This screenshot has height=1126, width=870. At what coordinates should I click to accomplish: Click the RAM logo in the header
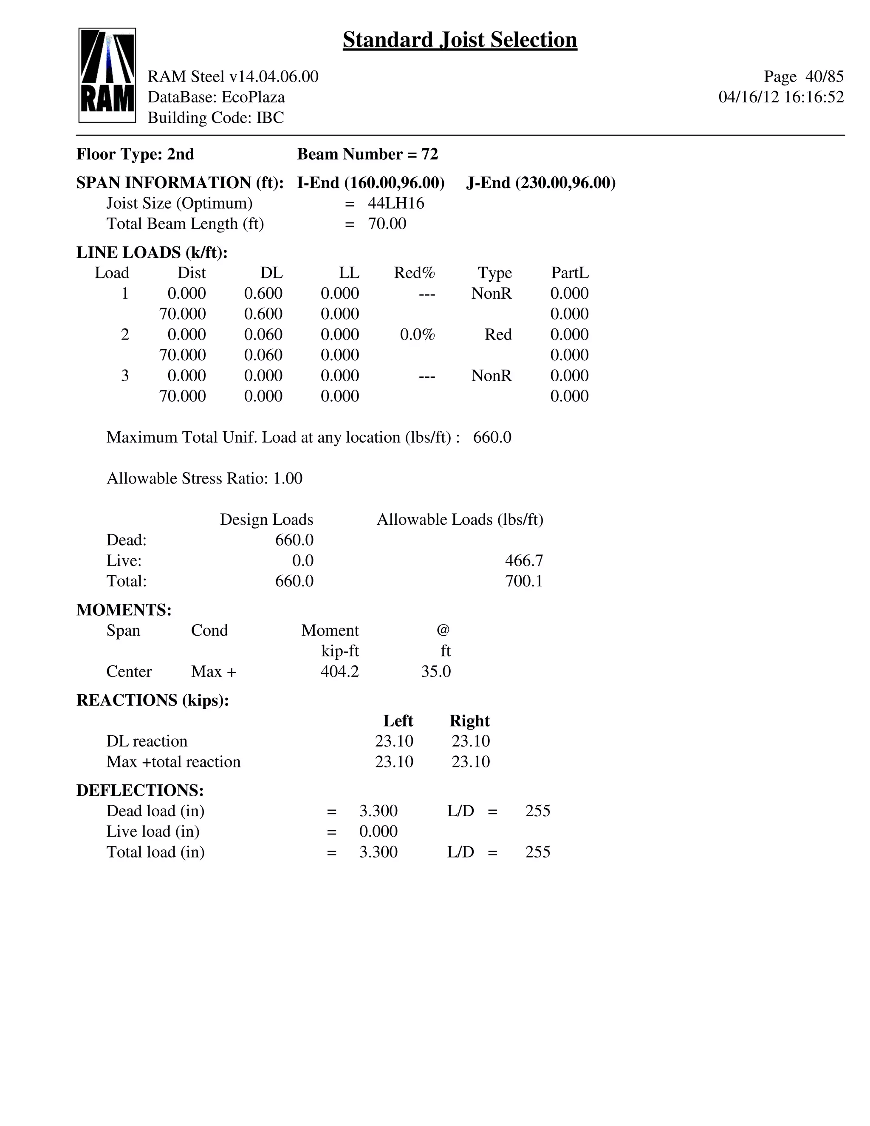(x=107, y=75)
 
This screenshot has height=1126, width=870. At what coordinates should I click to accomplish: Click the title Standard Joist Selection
(x=460, y=40)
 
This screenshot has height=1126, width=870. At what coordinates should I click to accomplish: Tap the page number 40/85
(x=824, y=76)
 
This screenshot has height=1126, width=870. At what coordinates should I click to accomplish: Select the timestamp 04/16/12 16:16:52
(x=781, y=97)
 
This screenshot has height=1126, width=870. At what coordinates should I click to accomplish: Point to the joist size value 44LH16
(x=396, y=203)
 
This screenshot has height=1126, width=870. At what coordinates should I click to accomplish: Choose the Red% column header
(x=414, y=273)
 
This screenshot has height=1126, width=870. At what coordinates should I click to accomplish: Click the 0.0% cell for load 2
(x=418, y=334)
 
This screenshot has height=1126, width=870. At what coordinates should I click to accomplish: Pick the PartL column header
(x=570, y=273)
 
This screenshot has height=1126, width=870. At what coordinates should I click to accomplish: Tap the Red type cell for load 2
(x=498, y=334)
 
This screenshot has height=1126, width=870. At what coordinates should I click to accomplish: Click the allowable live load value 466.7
(x=524, y=560)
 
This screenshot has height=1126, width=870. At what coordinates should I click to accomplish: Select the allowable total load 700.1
(x=524, y=581)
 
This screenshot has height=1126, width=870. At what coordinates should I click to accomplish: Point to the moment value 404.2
(x=340, y=671)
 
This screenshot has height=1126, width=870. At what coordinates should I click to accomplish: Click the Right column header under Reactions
(x=469, y=721)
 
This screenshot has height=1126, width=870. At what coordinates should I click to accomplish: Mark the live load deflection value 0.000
(x=379, y=831)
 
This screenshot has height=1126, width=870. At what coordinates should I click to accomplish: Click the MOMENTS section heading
(x=124, y=610)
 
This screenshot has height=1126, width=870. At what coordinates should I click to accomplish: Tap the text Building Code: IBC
(x=216, y=118)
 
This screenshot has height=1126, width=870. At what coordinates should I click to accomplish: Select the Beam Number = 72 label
(x=367, y=154)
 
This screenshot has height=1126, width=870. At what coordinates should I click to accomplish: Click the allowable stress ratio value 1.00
(x=288, y=478)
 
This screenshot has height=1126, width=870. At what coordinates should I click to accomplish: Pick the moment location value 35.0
(x=436, y=671)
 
